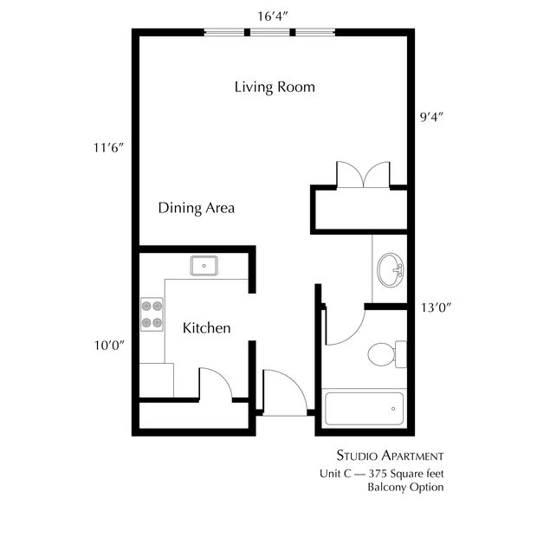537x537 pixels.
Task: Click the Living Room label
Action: point(275,87)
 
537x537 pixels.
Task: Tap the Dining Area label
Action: point(197,208)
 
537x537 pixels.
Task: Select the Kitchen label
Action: point(206,328)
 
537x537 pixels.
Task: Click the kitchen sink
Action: point(204,266)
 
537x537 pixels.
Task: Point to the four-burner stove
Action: point(152,314)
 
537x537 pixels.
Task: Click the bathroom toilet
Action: point(387,354)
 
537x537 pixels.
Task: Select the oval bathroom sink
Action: point(391,270)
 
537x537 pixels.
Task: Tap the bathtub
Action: point(364,409)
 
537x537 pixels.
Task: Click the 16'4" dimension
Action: point(272,16)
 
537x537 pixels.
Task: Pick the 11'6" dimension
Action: point(108,148)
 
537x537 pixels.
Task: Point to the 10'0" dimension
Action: point(109,346)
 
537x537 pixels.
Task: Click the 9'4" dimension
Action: point(431,117)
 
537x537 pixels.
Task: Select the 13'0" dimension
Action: point(436,307)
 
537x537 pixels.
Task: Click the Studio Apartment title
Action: point(390,456)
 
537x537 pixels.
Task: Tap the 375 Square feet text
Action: point(406,474)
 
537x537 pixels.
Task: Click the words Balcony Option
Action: point(405,487)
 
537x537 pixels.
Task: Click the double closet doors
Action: point(363,175)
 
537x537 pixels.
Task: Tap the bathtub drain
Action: point(393,409)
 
